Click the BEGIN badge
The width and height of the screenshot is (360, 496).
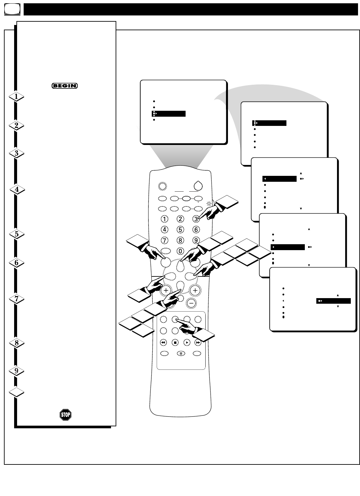[x=64, y=86]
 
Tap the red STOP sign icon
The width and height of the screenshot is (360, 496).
[x=65, y=415]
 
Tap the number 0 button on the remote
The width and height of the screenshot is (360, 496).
[x=180, y=251]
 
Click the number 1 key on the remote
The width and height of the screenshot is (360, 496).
[x=164, y=219]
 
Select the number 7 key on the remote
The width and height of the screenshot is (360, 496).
[x=164, y=240]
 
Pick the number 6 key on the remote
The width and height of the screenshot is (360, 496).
[x=196, y=230]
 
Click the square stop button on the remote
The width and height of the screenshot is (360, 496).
[x=175, y=342]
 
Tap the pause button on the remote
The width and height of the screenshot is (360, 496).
[x=181, y=354]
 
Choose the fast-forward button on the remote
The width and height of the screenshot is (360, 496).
[x=198, y=342]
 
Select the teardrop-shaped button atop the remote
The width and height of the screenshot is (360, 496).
[x=197, y=186]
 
